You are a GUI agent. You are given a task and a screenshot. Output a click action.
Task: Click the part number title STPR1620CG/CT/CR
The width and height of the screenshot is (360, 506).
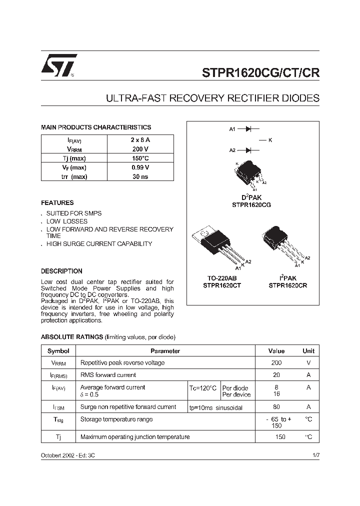pyautogui.click(x=260, y=72)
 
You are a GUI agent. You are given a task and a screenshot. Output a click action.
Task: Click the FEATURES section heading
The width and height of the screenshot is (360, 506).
pyautogui.click(x=57, y=203)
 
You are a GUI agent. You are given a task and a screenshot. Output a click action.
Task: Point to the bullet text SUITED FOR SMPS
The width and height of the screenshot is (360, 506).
pyautogui.click(x=74, y=213)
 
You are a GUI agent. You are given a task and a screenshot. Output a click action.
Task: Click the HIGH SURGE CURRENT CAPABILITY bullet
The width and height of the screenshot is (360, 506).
pyautogui.click(x=99, y=244)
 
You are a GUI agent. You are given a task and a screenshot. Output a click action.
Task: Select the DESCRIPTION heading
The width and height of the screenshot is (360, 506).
pyautogui.click(x=61, y=271)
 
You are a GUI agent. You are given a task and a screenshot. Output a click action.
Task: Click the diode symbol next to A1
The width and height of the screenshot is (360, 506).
pyautogui.click(x=248, y=129)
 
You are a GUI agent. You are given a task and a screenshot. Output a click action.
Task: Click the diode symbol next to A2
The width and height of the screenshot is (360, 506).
pyautogui.click(x=248, y=150)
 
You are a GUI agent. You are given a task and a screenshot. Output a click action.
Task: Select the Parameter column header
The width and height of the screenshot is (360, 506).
pyautogui.click(x=165, y=351)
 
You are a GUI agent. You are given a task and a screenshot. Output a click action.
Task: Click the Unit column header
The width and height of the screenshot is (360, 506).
pyautogui.click(x=308, y=351)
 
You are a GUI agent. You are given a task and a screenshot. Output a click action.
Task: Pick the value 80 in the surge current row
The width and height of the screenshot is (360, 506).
pyautogui.click(x=276, y=407)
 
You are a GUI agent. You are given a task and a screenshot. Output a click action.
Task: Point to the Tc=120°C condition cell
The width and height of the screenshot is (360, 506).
pyautogui.click(x=203, y=388)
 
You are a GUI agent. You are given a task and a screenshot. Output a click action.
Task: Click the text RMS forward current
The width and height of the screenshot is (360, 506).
pyautogui.click(x=108, y=375)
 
